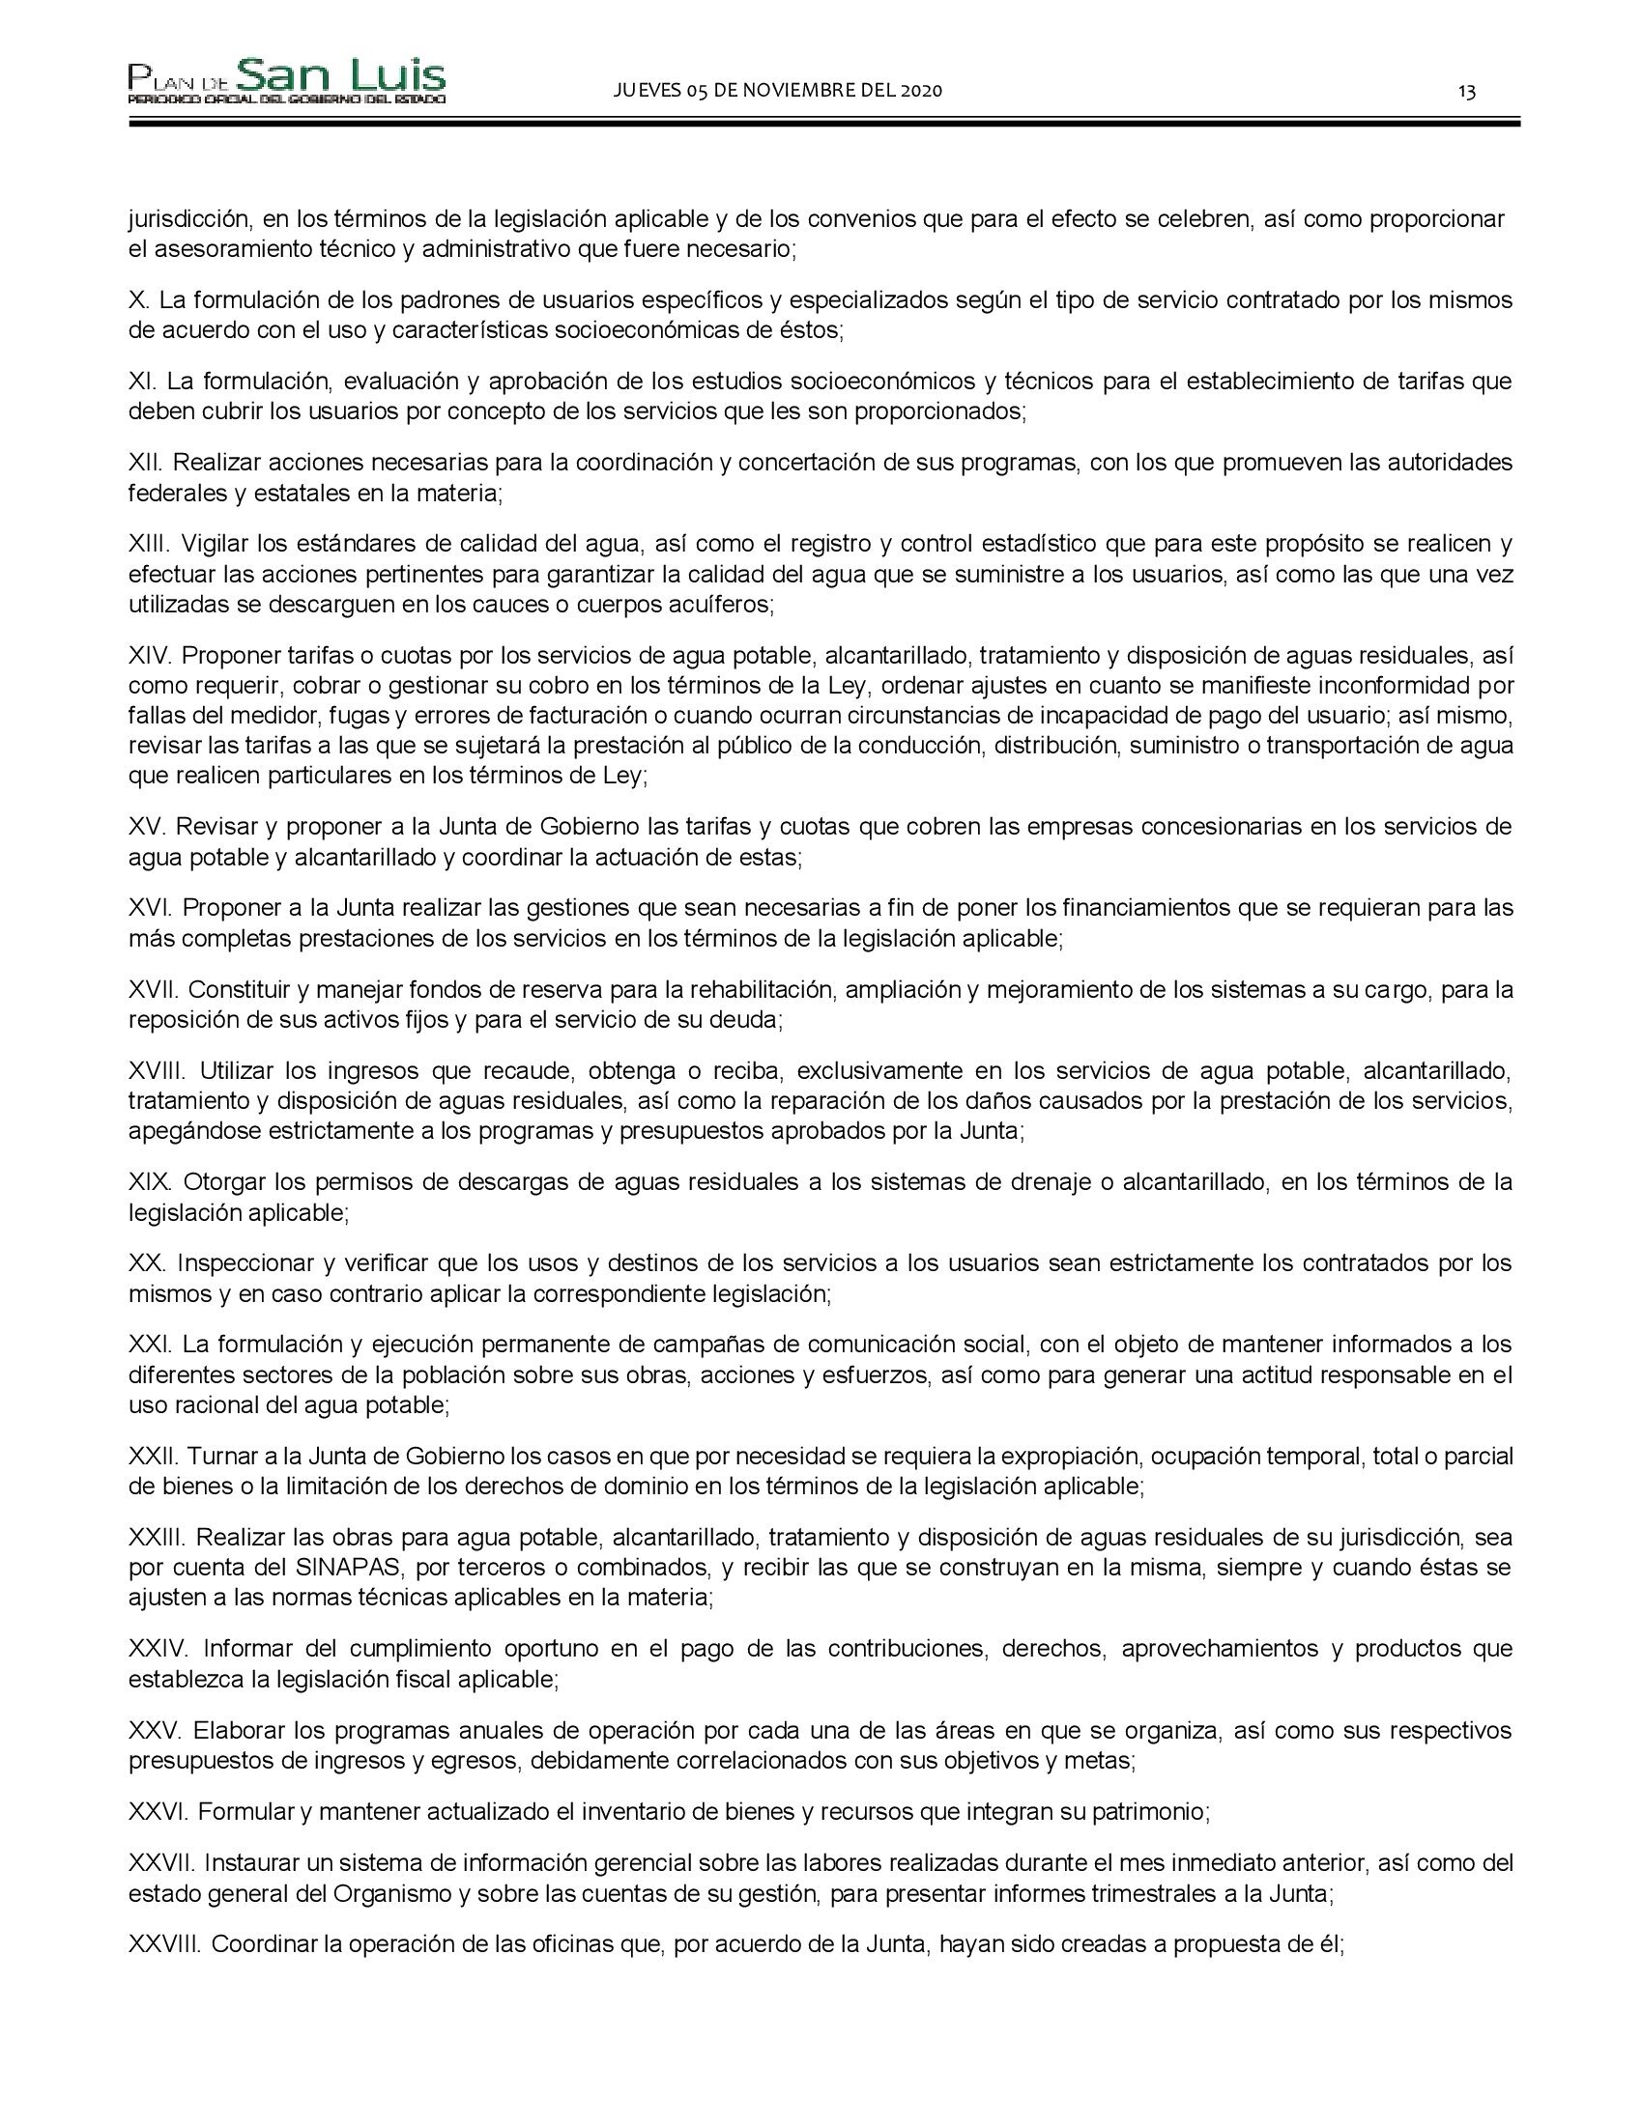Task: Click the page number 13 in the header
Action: point(1466,92)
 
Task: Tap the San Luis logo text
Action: point(340,76)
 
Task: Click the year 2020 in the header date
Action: point(921,91)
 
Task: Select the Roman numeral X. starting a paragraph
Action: point(138,299)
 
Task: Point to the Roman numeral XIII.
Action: point(149,543)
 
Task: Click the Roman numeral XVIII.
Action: point(158,1071)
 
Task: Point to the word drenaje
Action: point(1055,1182)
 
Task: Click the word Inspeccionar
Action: point(246,1263)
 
